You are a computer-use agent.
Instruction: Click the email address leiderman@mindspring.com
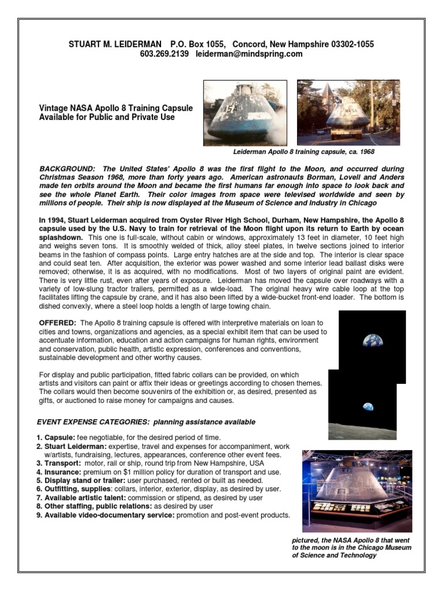(x=249, y=54)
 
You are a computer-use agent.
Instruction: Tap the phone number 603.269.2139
(x=164, y=54)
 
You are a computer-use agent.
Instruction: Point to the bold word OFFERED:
(x=58, y=323)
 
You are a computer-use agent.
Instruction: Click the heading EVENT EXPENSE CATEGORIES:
(x=89, y=422)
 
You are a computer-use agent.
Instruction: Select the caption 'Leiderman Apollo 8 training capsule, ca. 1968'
(x=303, y=152)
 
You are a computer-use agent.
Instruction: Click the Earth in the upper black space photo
(x=373, y=341)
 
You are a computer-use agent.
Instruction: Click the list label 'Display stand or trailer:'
(x=84, y=480)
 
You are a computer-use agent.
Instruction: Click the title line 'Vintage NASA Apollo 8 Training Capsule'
(x=116, y=109)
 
